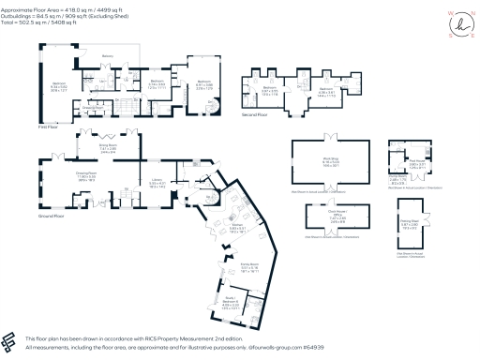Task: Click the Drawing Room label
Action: (87, 173)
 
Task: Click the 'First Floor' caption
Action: (49, 126)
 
